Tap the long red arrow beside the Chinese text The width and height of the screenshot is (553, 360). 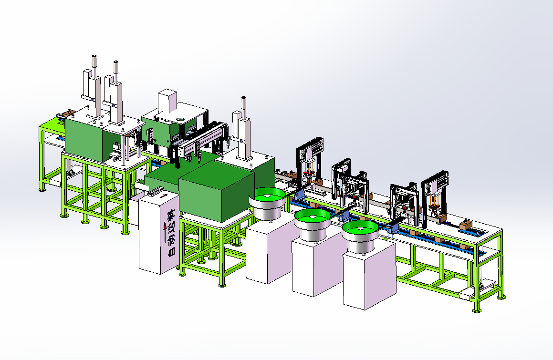[164, 229]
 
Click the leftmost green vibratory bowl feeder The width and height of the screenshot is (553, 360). [267, 202]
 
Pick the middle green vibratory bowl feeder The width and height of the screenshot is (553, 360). [313, 224]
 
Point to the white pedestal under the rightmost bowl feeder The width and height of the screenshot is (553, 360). [370, 275]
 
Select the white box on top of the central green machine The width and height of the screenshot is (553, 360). [167, 101]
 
